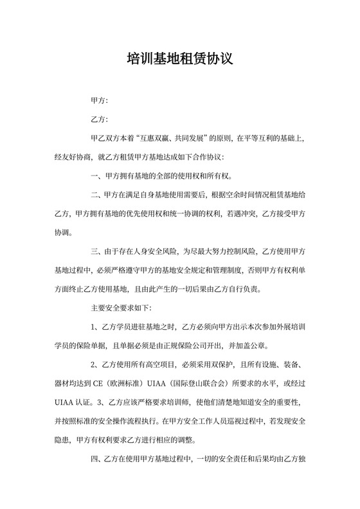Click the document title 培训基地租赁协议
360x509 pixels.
pyautogui.click(x=179, y=60)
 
